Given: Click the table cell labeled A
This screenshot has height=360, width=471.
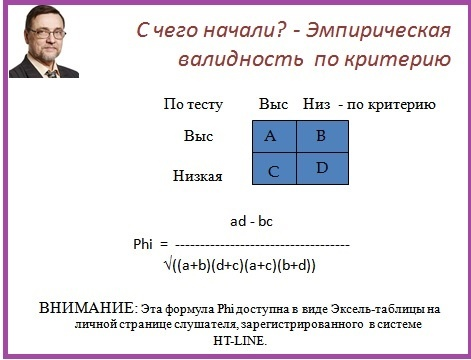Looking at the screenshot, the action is pos(274,137).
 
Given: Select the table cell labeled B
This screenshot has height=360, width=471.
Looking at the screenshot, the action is pos(322,137).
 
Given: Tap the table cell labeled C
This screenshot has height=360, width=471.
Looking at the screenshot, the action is pos(274,169).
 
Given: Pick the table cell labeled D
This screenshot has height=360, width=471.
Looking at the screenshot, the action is pos(322,169).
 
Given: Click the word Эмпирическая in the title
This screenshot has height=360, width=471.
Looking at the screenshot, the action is pos(378,31).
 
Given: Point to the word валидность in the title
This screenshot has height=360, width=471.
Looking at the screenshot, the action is pos(241,59).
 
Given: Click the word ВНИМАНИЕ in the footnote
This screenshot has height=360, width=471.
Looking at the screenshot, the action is pos(87,308).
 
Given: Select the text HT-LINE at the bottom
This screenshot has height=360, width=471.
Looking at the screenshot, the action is pos(240,341).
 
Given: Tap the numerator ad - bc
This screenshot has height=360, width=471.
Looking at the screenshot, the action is pos(251,221).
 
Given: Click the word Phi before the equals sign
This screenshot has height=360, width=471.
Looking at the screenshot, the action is pos(143,244).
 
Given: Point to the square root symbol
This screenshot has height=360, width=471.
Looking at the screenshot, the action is pos(168,265).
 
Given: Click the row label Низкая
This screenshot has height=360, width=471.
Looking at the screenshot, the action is pos(197,176).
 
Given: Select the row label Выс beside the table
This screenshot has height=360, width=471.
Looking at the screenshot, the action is pos(198,136).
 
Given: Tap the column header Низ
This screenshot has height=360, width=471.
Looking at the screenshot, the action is pos(316,104).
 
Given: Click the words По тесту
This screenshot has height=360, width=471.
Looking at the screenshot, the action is pos(193,105).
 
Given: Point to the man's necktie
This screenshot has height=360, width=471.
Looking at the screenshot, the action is pos(52,74).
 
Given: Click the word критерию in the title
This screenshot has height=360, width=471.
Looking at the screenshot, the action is pos(398,60).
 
